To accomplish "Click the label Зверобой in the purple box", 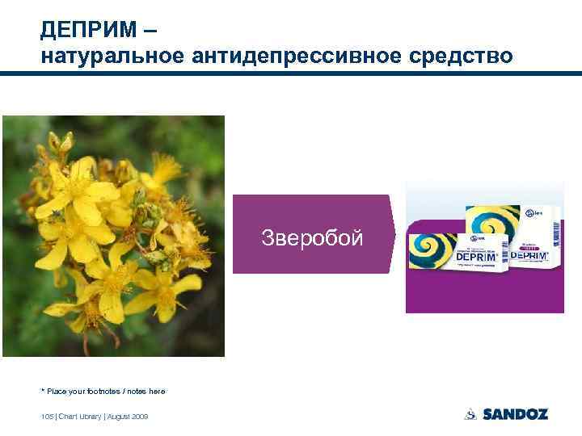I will [312, 238].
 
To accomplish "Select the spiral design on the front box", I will [432, 251].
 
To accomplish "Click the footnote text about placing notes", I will [105, 392].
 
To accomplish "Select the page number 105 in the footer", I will [46, 417].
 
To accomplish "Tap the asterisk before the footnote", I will [42, 391].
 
